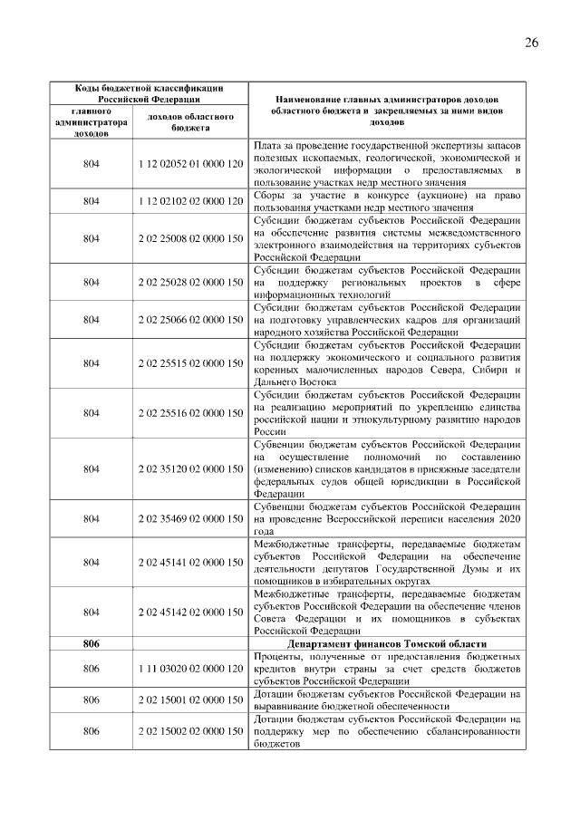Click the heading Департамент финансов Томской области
[386, 643]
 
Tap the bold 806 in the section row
[91, 643]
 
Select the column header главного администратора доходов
[91, 122]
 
